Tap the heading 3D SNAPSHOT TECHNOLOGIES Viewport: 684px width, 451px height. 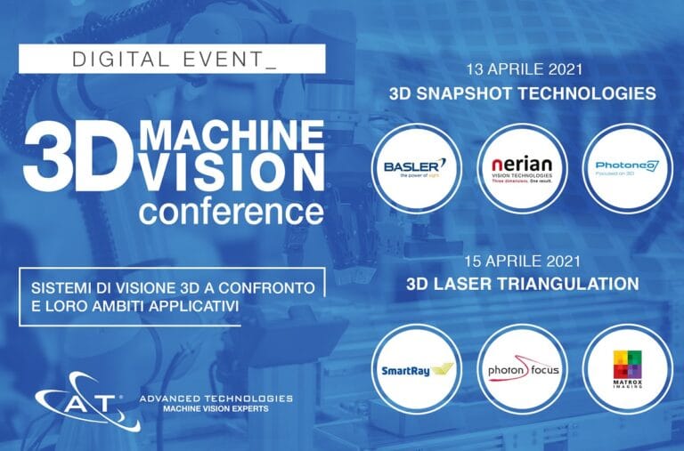(x=522, y=93)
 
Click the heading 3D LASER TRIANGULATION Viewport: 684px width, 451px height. (x=522, y=285)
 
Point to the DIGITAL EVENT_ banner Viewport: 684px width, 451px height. (x=173, y=59)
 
